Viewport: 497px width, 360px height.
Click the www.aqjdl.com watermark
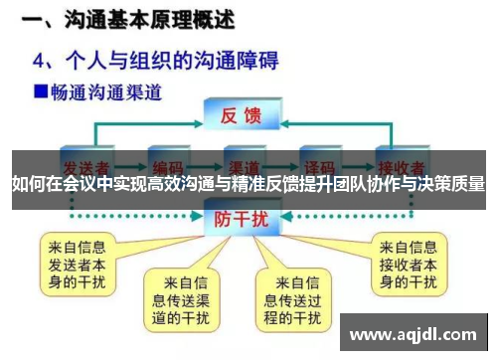pos(415,331)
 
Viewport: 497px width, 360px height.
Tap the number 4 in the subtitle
pos(42,58)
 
